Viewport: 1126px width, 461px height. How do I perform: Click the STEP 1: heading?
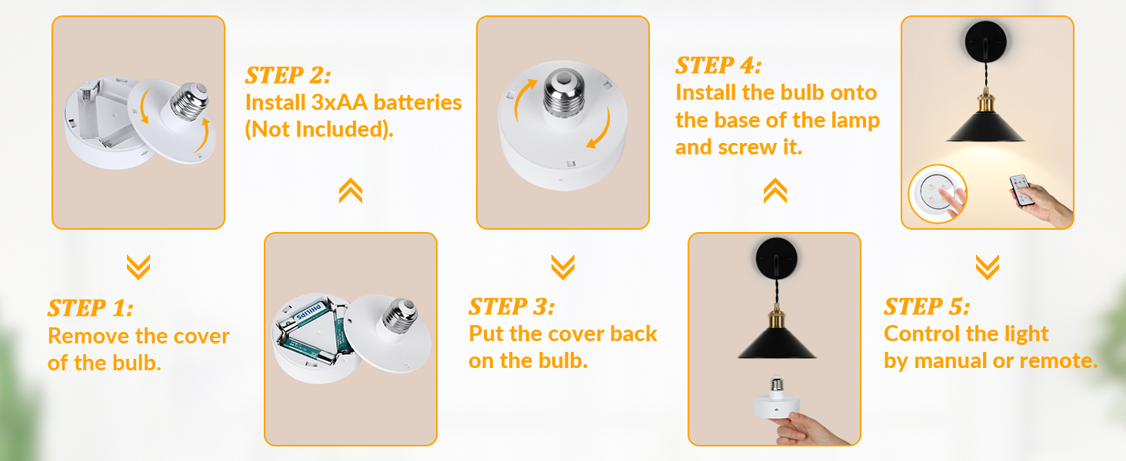coord(91,309)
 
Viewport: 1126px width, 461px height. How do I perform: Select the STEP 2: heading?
coord(288,75)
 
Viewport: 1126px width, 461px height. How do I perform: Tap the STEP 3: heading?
coord(511,307)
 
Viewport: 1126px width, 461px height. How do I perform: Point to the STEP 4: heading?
coord(718,65)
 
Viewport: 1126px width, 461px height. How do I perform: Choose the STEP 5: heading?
coord(927,307)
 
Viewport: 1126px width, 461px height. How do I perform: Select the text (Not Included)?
coord(319,129)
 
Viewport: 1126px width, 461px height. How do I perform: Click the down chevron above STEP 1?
coord(138,267)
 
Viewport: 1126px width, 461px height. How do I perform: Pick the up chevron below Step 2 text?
coord(351,191)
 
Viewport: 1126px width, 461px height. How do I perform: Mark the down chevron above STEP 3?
coord(563,267)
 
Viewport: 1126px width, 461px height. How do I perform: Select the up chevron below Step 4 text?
coord(775,191)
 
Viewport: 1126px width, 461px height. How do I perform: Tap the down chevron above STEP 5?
coord(988,267)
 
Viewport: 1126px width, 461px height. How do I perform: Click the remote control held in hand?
coord(1021,188)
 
